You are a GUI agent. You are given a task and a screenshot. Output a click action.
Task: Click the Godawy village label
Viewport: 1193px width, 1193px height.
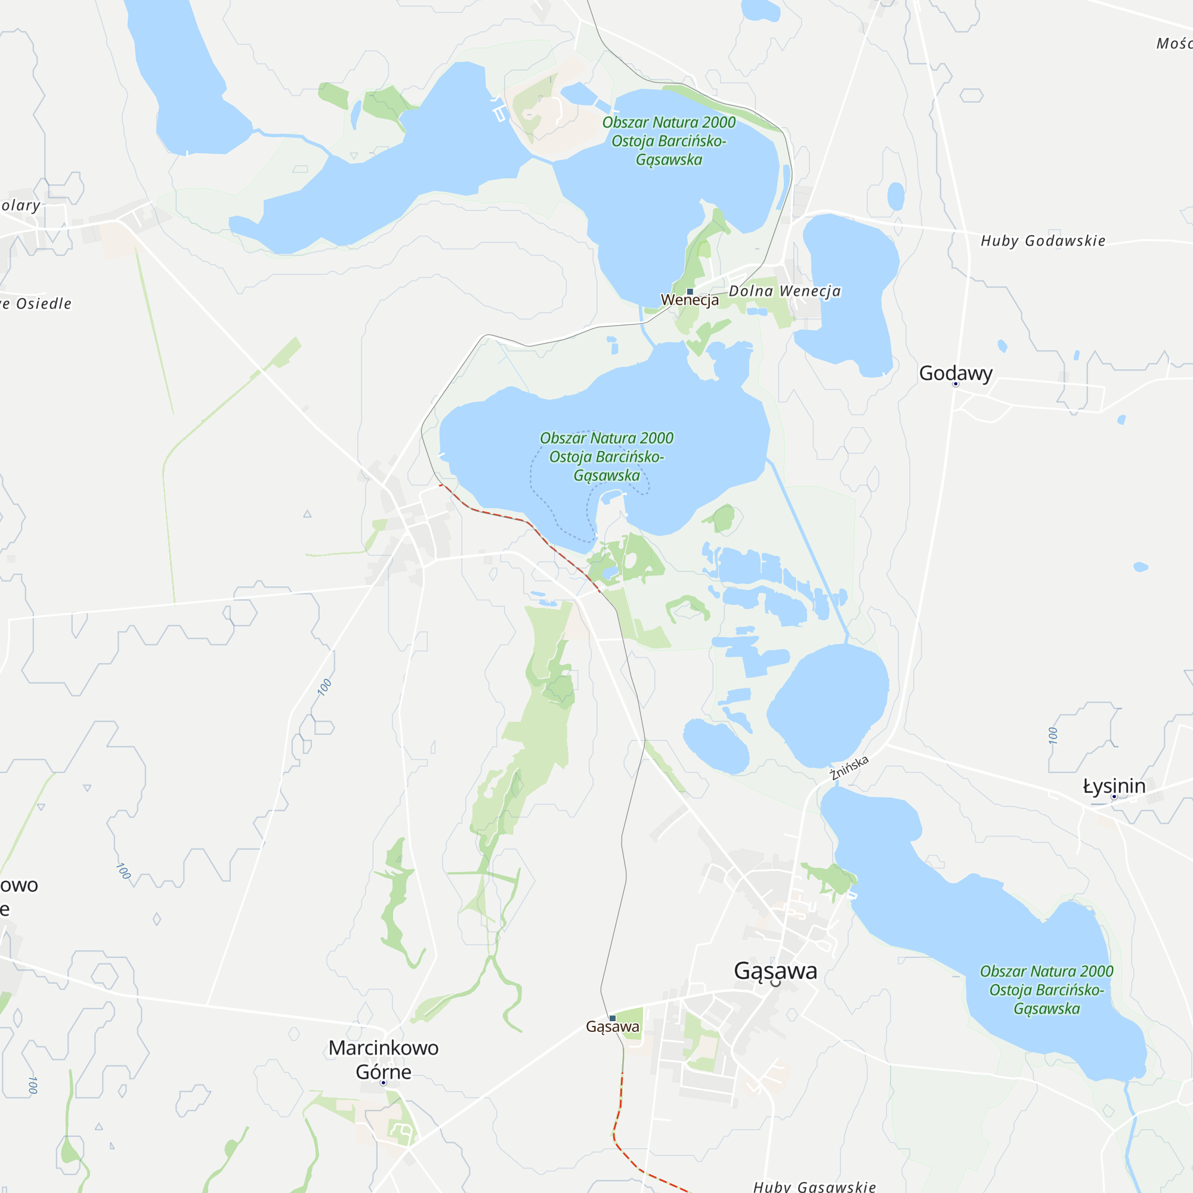pos(955,373)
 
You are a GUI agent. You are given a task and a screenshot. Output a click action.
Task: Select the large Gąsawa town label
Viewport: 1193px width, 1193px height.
pos(775,971)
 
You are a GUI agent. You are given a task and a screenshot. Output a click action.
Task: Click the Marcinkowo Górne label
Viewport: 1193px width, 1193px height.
pos(383,1059)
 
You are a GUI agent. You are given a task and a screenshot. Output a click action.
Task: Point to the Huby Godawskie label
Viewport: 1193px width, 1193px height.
pos(1043,241)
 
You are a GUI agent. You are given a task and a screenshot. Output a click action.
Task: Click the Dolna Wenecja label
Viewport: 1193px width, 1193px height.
pos(784,291)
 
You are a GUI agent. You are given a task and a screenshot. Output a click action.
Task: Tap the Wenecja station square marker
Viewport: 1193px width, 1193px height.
pos(690,292)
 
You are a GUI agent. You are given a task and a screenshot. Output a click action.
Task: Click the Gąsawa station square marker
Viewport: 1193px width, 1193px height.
pos(613,1018)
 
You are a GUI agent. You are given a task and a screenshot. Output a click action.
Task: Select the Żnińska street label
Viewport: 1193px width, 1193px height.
pos(849,768)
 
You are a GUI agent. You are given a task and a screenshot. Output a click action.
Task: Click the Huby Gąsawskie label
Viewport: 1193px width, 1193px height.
pos(814,1186)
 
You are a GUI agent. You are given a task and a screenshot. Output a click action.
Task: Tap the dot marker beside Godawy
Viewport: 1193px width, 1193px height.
pos(955,384)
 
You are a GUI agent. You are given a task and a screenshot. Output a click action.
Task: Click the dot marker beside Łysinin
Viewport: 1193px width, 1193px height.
pos(1114,796)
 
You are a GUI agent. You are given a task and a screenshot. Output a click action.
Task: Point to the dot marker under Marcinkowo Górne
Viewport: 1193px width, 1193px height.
pos(383,1083)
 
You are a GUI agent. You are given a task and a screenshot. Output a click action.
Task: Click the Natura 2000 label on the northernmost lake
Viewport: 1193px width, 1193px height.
pos(669,141)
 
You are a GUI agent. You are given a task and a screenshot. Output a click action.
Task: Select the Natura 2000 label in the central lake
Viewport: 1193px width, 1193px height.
pos(607,457)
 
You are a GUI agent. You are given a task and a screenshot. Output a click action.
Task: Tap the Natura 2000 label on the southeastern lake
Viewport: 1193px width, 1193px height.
pos(1046,990)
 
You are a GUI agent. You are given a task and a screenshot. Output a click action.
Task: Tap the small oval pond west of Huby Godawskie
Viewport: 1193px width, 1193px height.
pos(895,196)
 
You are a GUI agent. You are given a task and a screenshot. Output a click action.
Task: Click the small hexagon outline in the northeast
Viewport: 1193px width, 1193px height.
pos(971,95)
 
